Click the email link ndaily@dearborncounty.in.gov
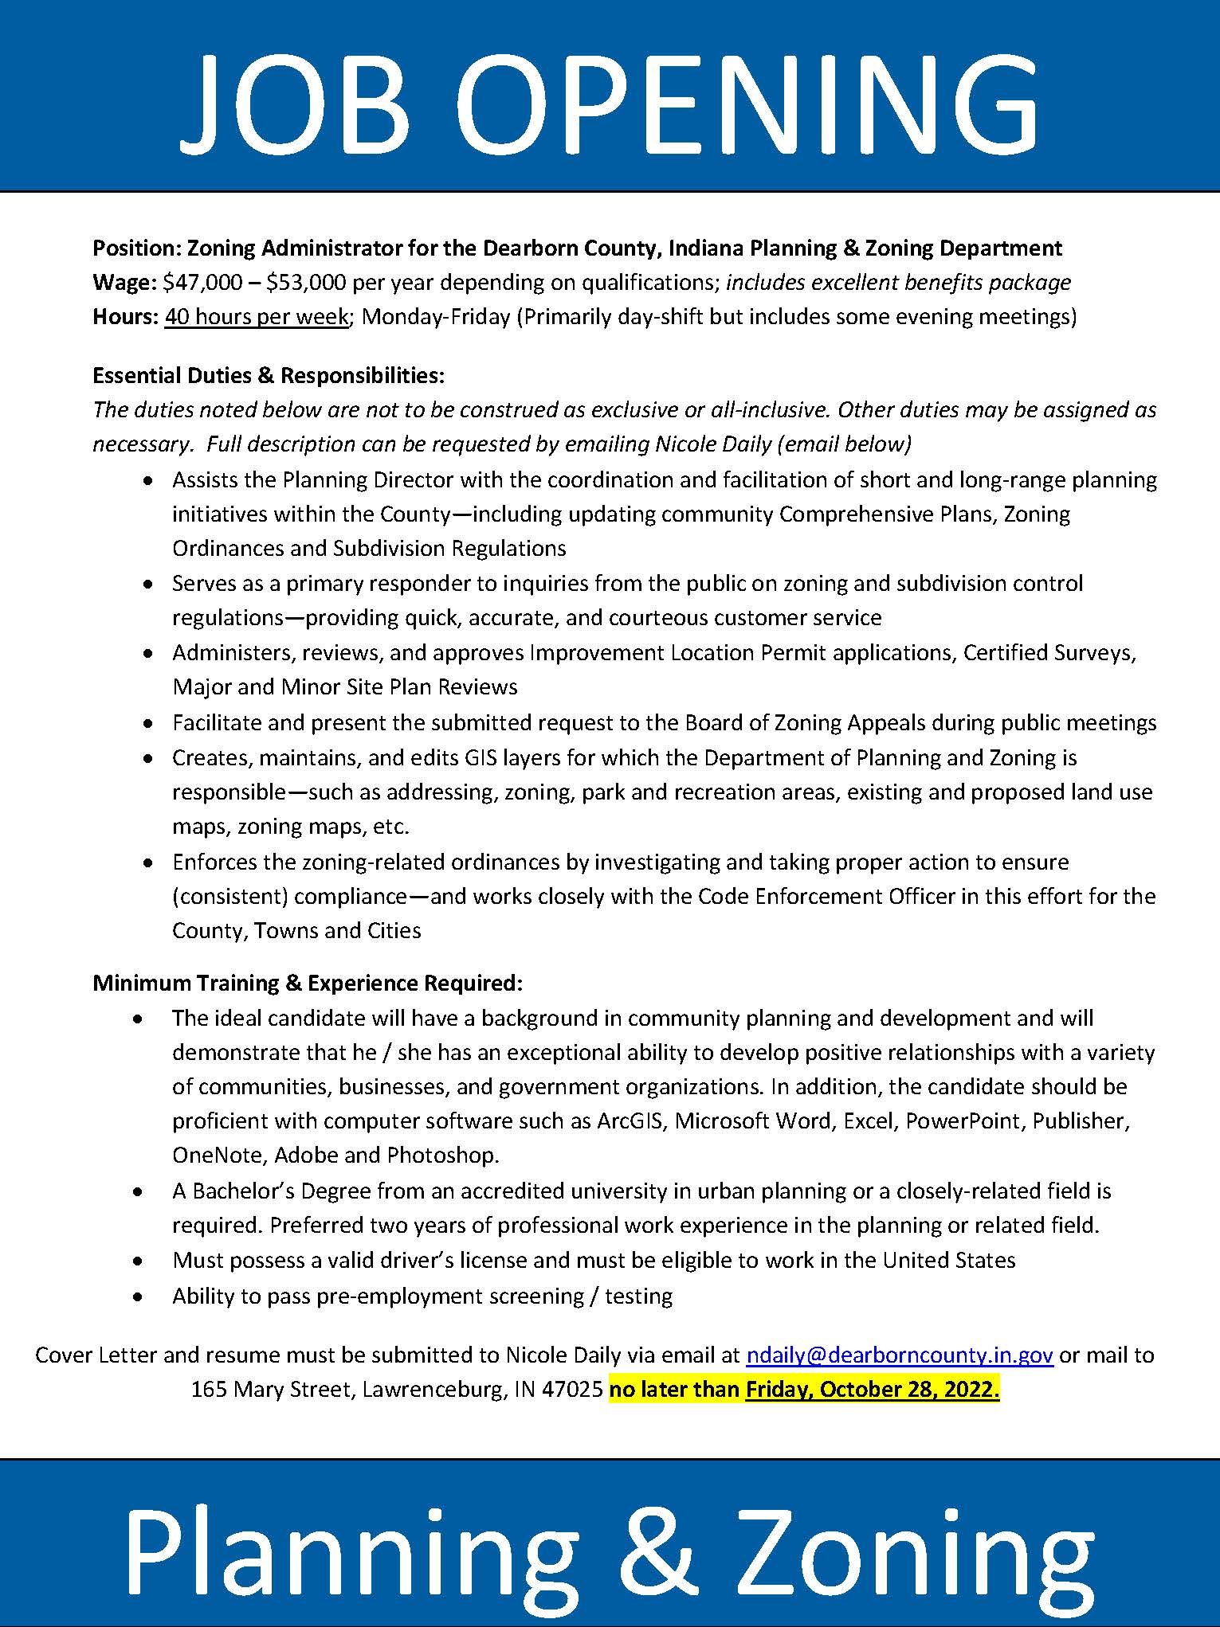pyautogui.click(x=899, y=1355)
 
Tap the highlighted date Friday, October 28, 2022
pyautogui.click(x=872, y=1390)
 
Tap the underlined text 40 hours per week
pyautogui.click(x=257, y=317)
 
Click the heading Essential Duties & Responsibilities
pyautogui.click(x=269, y=374)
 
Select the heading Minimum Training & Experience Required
pyautogui.click(x=308, y=983)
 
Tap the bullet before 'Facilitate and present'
pyautogui.click(x=147, y=724)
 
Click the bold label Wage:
pyautogui.click(x=124, y=283)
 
